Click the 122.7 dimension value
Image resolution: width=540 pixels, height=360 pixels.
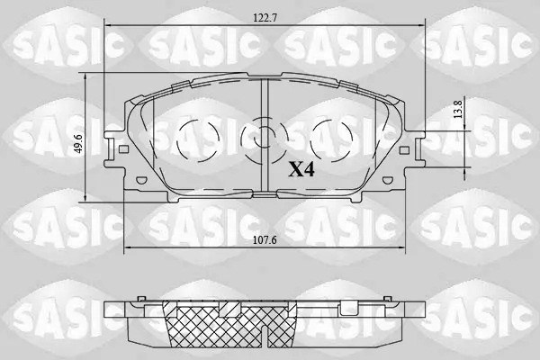pos(265,18)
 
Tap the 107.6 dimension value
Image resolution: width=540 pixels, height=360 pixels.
pos(265,240)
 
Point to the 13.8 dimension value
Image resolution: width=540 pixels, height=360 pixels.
pos(458,108)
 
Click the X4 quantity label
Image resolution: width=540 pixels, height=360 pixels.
pos(301,169)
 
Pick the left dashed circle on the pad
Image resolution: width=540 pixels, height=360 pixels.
pos(198,140)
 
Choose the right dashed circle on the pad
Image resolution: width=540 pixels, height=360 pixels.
pos(331,140)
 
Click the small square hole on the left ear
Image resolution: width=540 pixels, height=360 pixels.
pos(123,149)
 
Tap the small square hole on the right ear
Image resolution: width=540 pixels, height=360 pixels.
pos(404,150)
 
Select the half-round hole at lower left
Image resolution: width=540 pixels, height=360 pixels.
pos(141,180)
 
